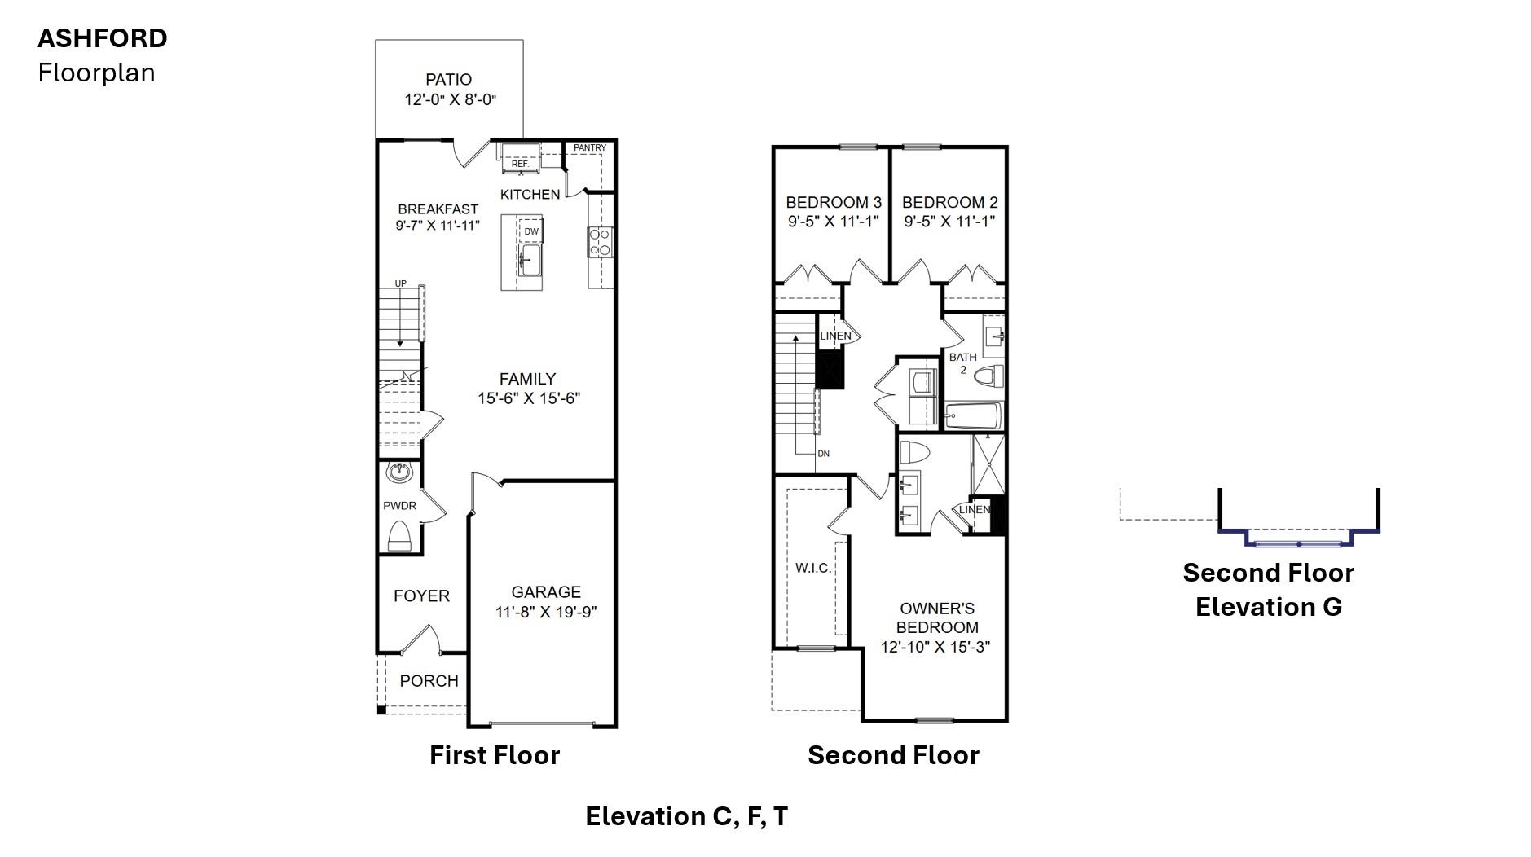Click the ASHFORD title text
(103, 38)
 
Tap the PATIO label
(448, 80)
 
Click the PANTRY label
(589, 148)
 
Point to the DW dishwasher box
(530, 231)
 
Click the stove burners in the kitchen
(601, 242)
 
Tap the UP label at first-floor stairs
(400, 283)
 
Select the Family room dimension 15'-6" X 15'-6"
(528, 398)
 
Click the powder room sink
(399, 472)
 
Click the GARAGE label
(546, 592)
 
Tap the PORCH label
(429, 681)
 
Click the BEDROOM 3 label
(834, 202)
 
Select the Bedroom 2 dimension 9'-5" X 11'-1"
(949, 221)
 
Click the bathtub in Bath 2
(972, 416)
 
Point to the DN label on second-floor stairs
(823, 454)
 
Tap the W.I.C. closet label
(813, 568)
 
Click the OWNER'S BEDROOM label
(936, 617)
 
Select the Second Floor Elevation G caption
(1268, 589)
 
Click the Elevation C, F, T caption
(686, 816)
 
